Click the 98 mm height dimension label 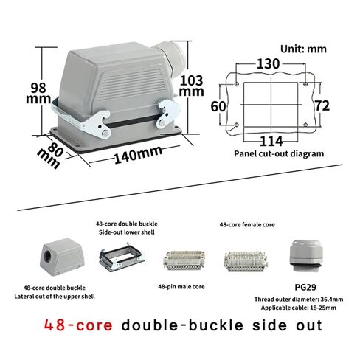pos(38,93)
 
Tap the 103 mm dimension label pos(191,86)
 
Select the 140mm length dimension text pos(138,154)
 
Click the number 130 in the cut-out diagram pos(269,64)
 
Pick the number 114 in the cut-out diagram pos(271,142)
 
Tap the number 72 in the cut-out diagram pos(322,106)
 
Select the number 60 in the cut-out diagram pos(218,107)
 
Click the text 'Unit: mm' pos(303,49)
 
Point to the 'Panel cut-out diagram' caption pos(279,153)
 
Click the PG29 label pos(305,287)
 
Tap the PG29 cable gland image pos(305,256)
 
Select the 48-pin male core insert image pos(184,260)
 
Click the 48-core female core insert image pos(246,261)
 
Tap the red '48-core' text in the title pos(78,325)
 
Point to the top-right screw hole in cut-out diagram pos(305,84)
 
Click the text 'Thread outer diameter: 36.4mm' pos(299,300)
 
